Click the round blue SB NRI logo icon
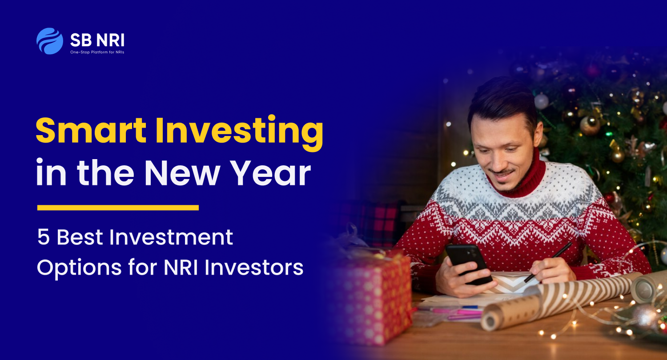[50, 41]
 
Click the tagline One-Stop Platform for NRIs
[97, 52]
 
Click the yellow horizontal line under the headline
[118, 207]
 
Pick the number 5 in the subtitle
[43, 238]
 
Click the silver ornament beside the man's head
[541, 101]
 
